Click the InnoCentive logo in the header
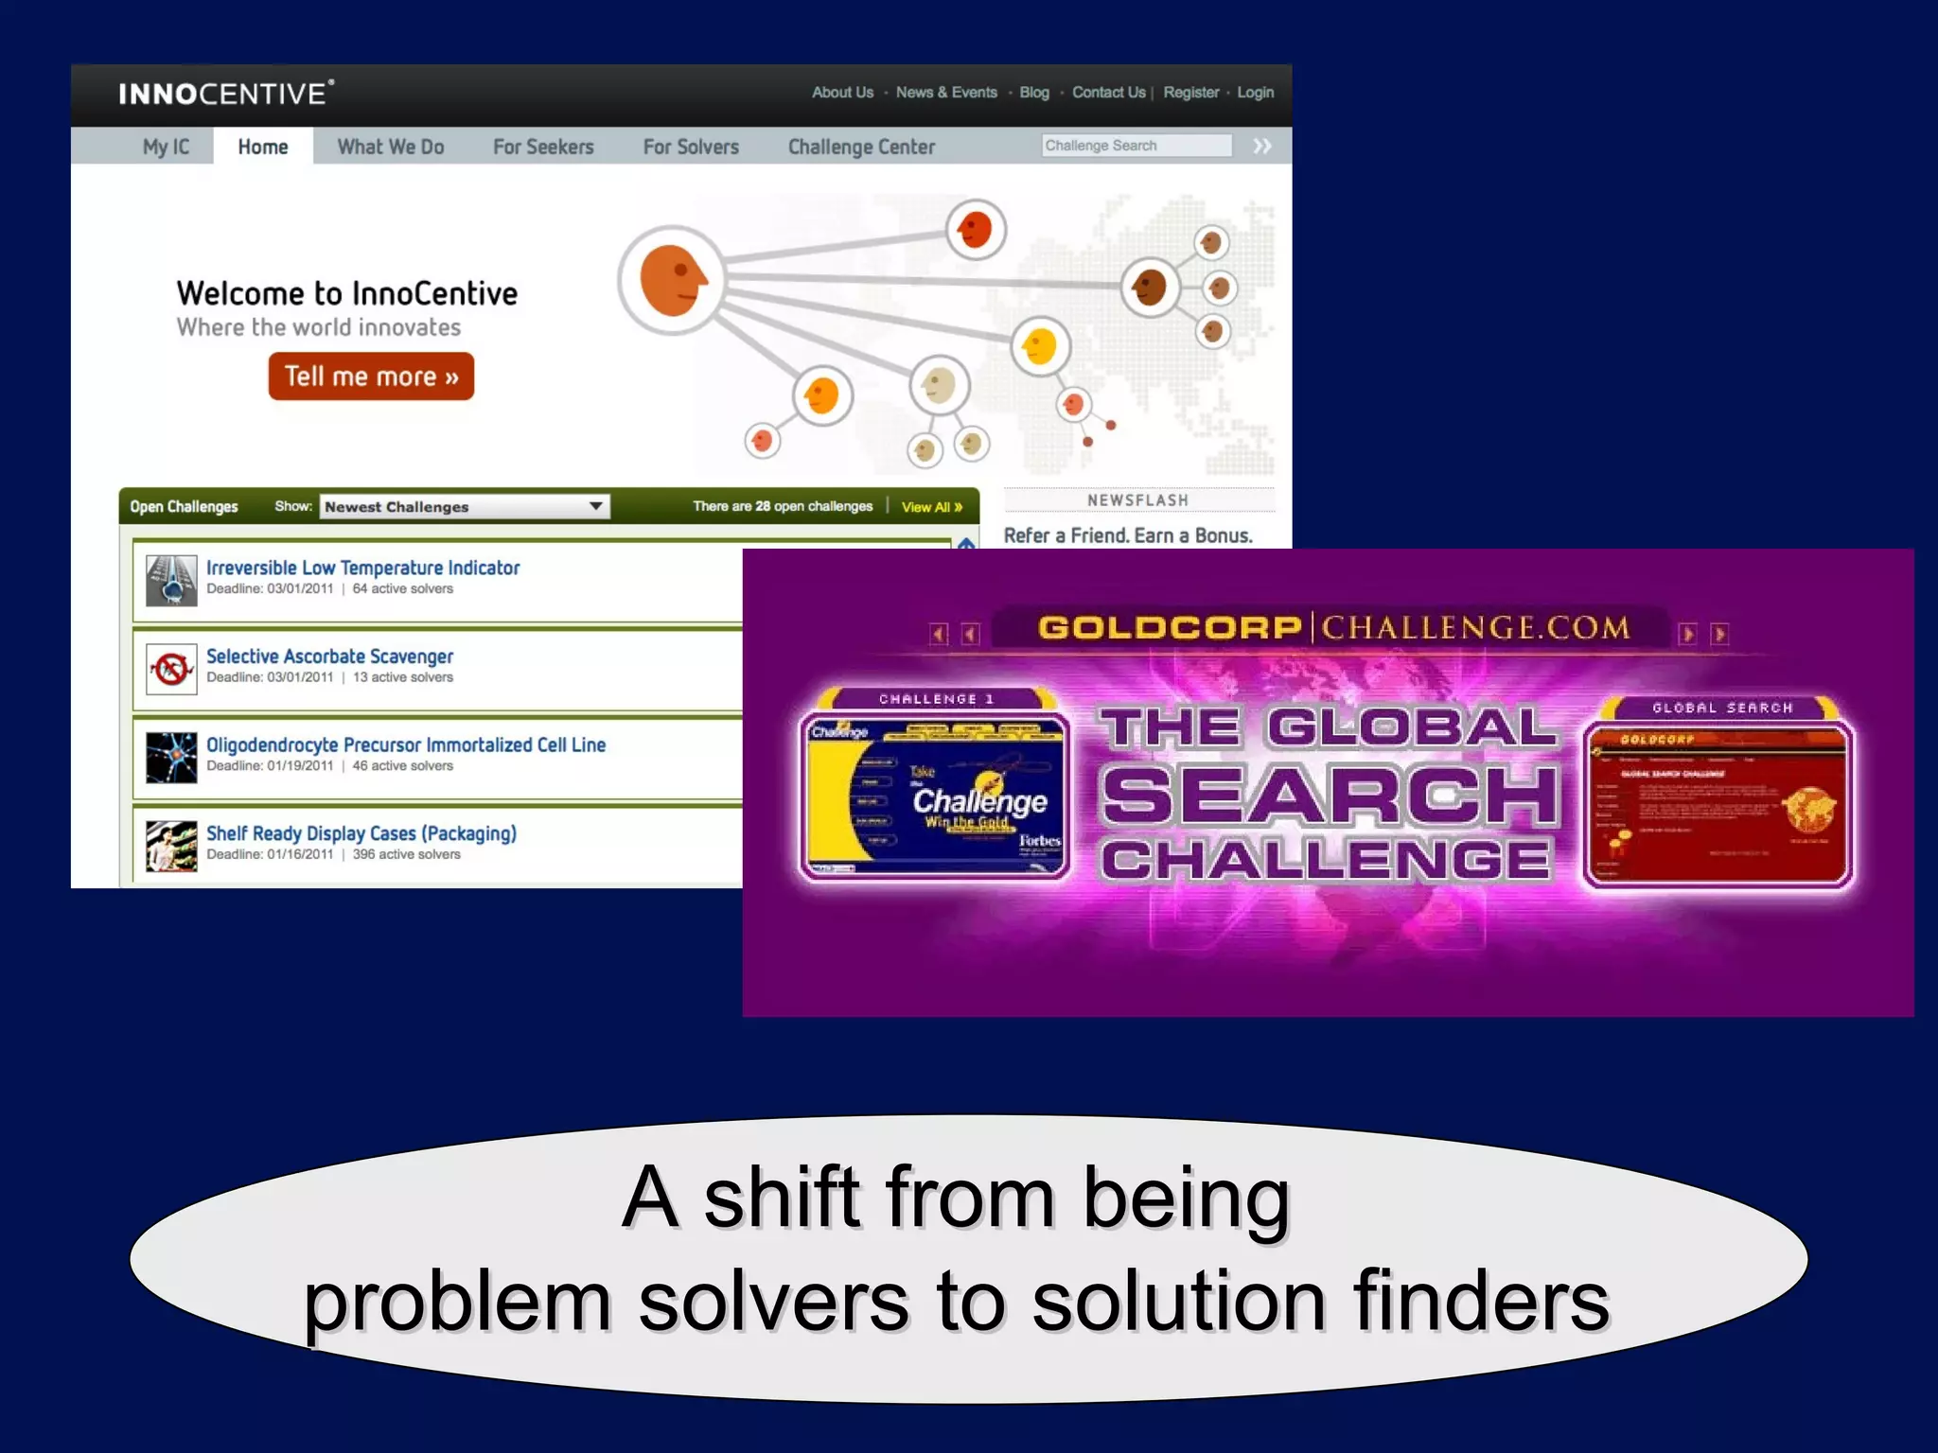point(225,94)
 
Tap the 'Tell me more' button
point(371,376)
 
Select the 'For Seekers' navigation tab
point(543,147)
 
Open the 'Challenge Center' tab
point(861,147)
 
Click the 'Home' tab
point(263,147)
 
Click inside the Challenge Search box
point(1136,146)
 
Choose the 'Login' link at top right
point(1255,93)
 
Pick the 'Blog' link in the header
point(1034,93)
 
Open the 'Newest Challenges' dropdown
point(465,507)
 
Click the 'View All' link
point(931,507)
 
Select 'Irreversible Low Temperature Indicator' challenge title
point(362,568)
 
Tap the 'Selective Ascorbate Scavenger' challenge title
point(329,656)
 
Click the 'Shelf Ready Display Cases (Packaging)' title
point(361,833)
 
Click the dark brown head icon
point(1150,287)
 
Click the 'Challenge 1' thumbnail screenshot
point(935,795)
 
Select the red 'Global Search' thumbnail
point(1718,804)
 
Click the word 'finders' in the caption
point(1481,1303)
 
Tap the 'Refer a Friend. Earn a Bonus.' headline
point(1128,535)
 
